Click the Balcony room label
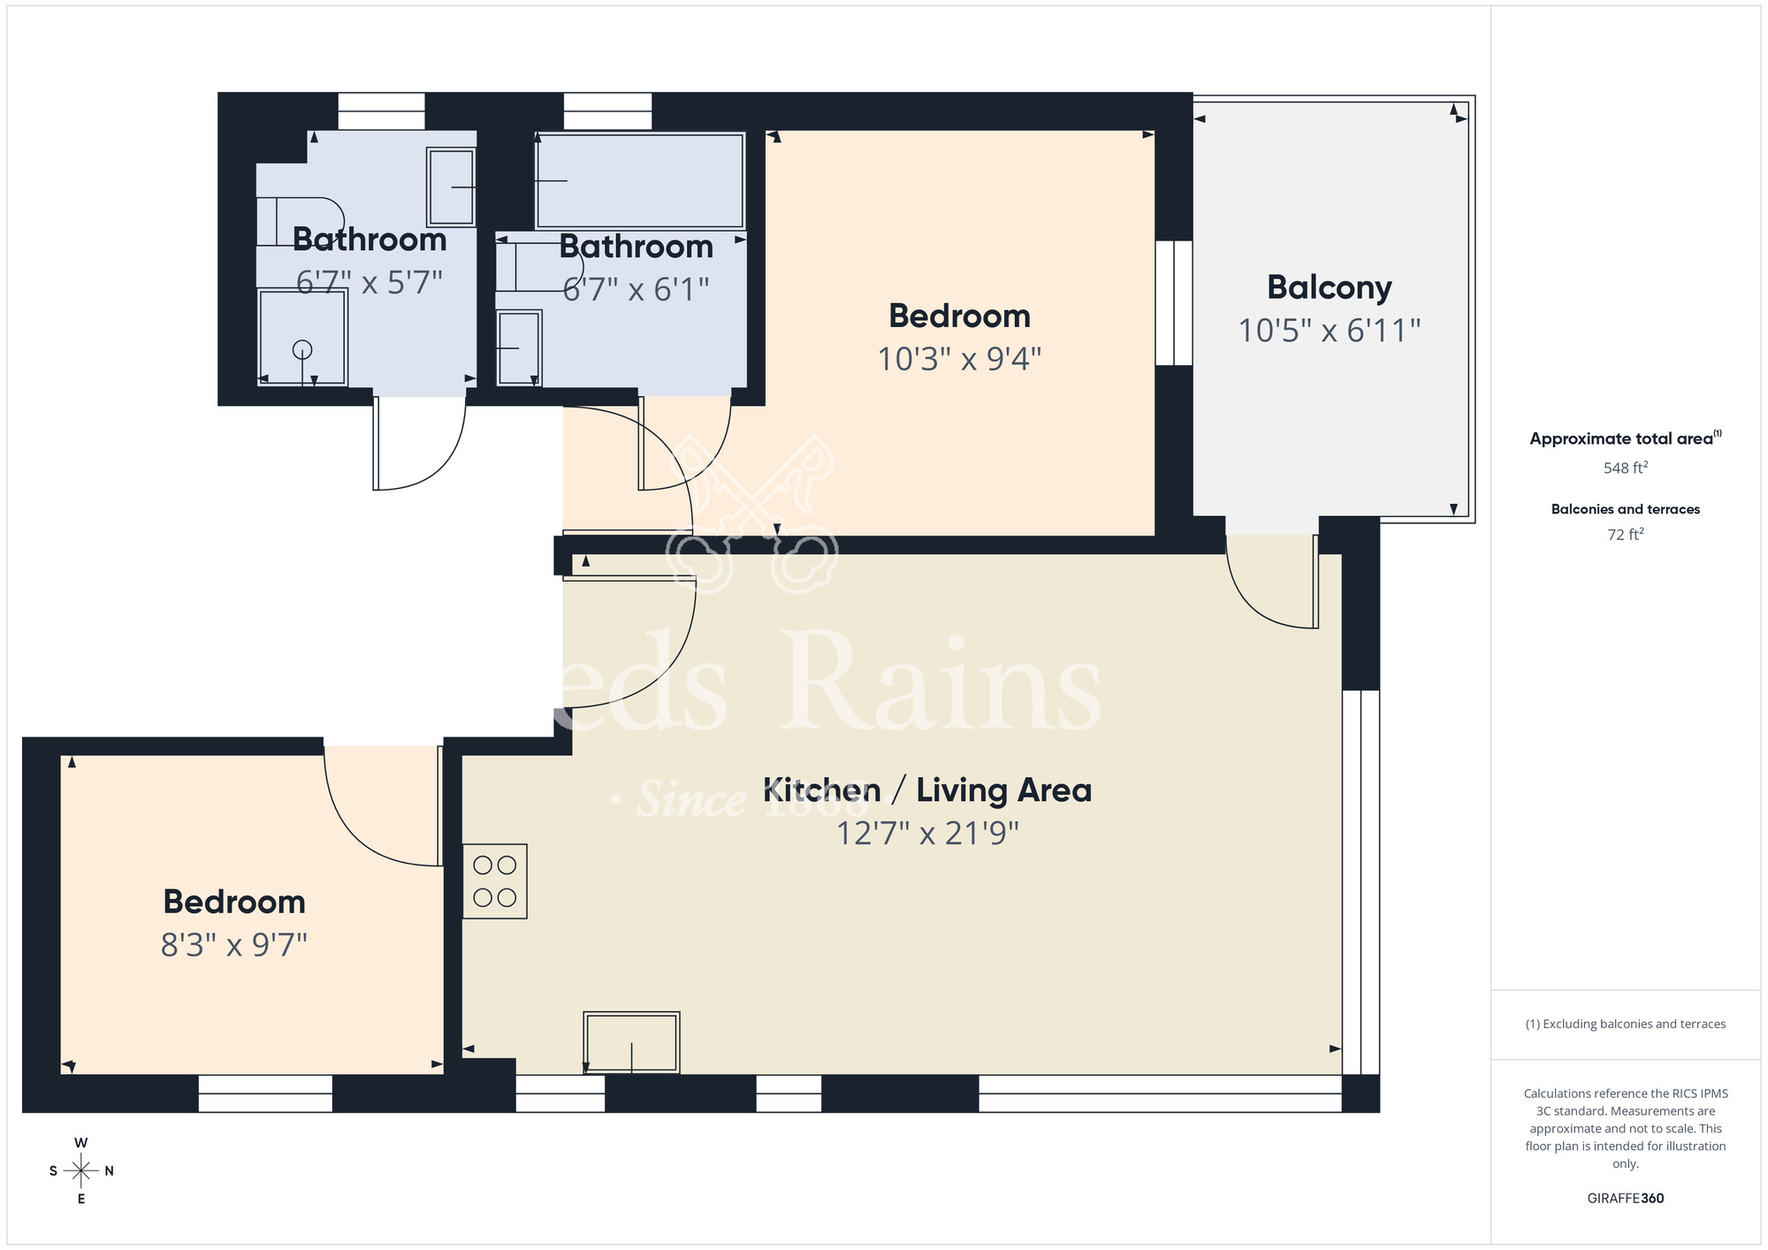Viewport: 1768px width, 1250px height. pos(1329,287)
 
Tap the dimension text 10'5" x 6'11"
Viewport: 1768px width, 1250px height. pos(1329,331)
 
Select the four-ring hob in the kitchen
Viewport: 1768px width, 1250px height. pos(495,880)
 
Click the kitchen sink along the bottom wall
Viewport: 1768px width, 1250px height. pos(631,1042)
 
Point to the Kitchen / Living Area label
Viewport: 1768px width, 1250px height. pos(927,790)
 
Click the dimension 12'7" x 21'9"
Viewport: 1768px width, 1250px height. pos(927,833)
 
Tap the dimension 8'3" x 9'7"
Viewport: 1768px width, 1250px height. pos(234,945)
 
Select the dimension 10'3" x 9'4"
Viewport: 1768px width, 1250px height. pos(959,359)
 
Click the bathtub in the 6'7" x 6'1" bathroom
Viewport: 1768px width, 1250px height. pos(640,180)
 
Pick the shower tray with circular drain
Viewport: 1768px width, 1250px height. pos(302,338)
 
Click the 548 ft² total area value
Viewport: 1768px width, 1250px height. pos(1625,468)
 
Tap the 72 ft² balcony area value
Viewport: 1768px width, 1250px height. pos(1625,535)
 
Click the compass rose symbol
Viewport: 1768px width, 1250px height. pos(81,1171)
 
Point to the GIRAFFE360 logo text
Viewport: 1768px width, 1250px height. pos(1625,1199)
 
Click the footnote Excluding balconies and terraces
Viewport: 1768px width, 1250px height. pos(1625,1024)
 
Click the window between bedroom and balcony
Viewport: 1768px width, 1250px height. pos(1174,302)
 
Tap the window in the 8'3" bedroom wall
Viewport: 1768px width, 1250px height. pos(265,1093)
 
